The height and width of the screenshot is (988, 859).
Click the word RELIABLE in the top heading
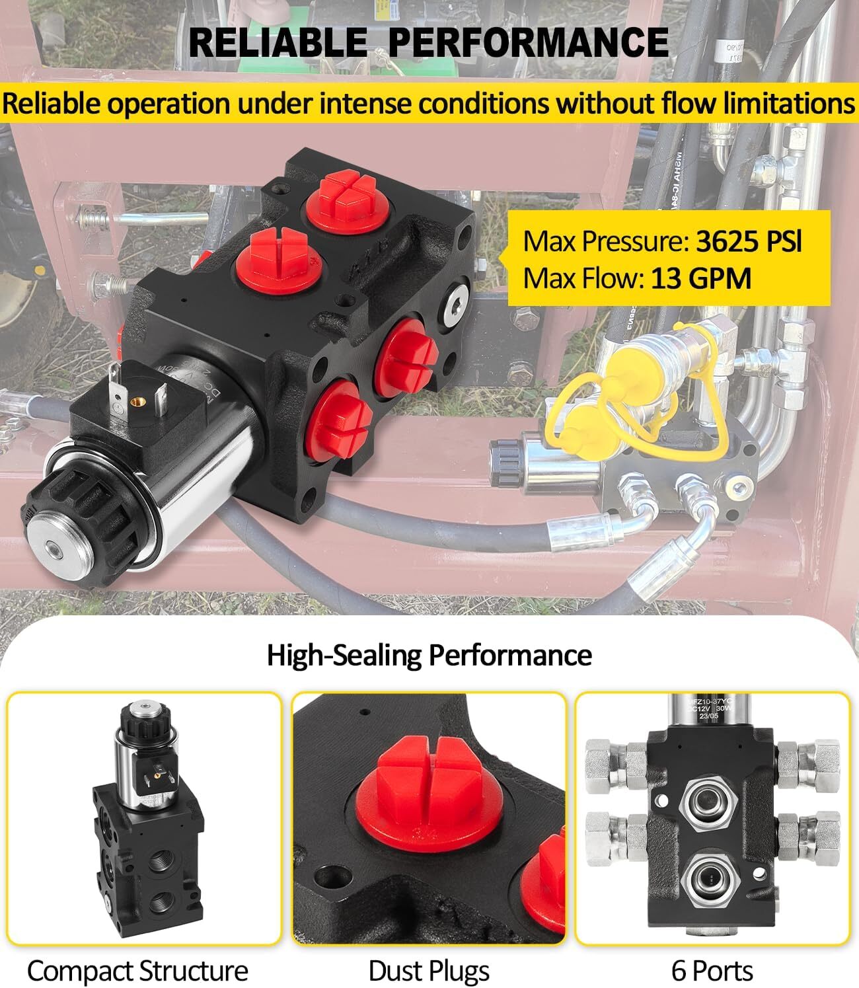pos(278,42)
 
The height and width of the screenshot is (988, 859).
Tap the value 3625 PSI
pos(749,242)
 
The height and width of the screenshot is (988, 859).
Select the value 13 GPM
pos(701,278)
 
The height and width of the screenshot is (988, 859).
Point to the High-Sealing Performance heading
pos(429,655)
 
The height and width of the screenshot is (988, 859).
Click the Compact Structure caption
pos(137,971)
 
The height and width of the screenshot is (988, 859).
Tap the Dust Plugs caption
pos(429,971)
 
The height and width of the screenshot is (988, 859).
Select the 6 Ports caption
pos(712,971)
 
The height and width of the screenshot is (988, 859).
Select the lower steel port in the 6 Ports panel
pos(710,878)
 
